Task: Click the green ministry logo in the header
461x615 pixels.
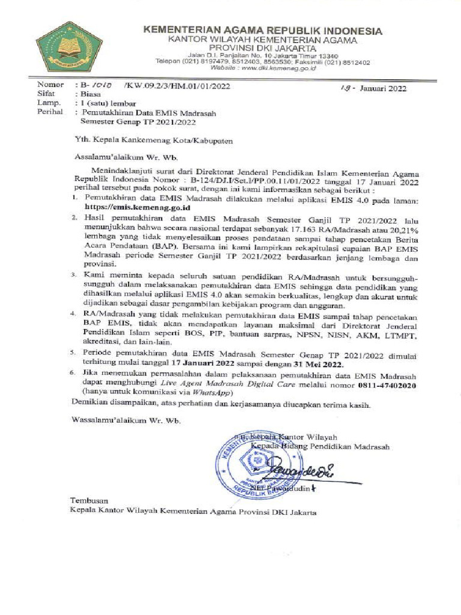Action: (61, 47)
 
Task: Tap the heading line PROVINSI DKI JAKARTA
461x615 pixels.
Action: (262, 48)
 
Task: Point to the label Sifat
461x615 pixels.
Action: (47, 94)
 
